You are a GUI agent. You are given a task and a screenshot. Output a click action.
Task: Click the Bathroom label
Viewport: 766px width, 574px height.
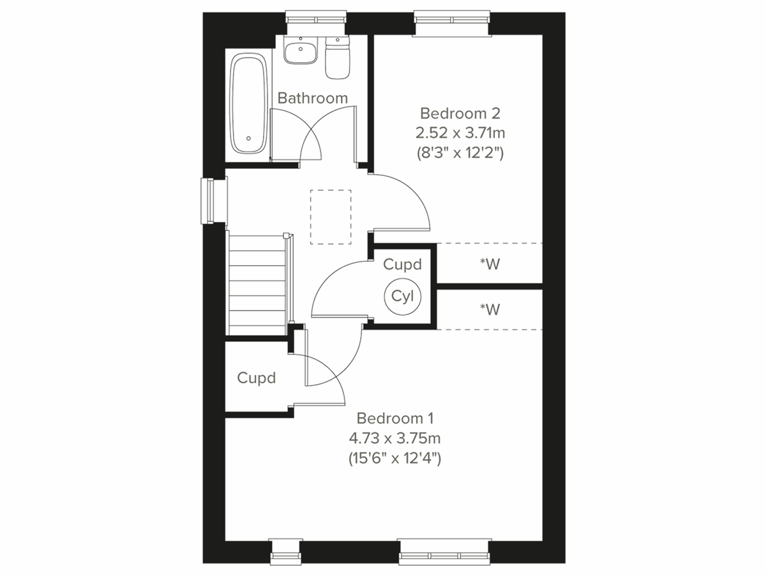313,98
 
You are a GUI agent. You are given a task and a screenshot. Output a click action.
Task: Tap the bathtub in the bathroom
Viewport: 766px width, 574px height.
248,104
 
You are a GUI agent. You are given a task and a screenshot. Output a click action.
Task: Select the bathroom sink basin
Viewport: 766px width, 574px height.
300,51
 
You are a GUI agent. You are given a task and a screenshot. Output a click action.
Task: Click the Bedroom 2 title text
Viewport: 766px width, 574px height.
460,114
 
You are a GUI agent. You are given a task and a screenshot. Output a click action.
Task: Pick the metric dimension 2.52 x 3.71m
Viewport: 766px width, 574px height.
460,133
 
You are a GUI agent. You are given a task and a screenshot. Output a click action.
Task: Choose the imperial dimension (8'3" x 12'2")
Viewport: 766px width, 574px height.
460,153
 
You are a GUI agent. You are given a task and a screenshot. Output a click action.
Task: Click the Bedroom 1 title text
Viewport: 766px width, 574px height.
395,418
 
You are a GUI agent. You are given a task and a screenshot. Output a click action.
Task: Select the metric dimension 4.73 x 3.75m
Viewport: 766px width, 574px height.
395,438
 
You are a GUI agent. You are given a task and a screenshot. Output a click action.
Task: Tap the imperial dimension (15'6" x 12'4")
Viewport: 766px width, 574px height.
395,458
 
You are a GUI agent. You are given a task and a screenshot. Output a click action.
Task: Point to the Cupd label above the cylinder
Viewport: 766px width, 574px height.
402,264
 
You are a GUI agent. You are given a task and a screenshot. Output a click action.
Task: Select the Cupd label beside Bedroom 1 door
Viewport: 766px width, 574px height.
257,378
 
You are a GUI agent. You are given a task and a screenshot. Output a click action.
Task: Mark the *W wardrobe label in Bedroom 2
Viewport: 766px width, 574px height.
490,264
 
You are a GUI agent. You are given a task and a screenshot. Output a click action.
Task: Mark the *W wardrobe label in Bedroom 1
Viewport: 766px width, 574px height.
490,309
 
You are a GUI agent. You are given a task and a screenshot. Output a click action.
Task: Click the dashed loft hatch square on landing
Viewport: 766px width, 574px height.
331,217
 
